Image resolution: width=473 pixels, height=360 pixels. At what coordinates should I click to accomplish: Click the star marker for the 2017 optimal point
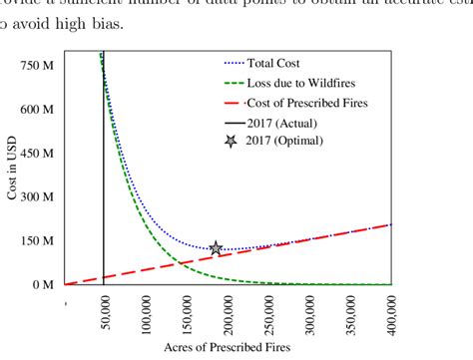(215, 247)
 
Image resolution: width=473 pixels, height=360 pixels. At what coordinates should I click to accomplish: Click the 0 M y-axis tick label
(41, 284)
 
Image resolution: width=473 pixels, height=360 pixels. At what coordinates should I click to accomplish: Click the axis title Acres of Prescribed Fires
(228, 348)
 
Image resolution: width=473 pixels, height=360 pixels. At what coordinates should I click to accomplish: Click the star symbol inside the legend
(232, 141)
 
